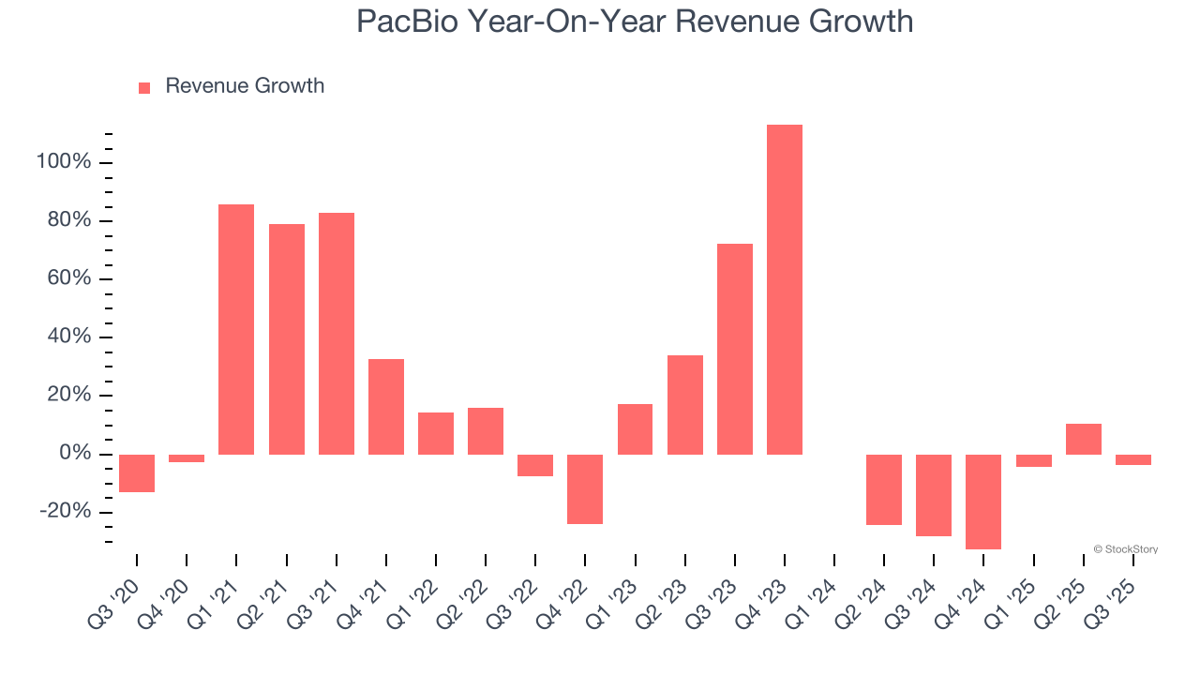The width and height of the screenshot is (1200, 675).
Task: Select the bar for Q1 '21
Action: pyautogui.click(x=236, y=329)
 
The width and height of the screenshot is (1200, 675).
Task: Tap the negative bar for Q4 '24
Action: pyautogui.click(x=983, y=502)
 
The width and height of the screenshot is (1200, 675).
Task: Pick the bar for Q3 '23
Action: pyautogui.click(x=735, y=349)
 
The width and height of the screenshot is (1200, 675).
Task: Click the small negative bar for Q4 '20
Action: pyautogui.click(x=187, y=458)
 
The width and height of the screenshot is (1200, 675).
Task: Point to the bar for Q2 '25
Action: pyautogui.click(x=1083, y=439)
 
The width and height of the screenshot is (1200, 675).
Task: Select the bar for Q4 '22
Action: pyautogui.click(x=585, y=488)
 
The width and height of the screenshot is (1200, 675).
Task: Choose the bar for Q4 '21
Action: pyautogui.click(x=386, y=407)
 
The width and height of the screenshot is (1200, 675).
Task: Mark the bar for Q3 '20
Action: pyautogui.click(x=137, y=473)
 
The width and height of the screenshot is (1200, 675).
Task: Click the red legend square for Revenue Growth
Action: pyautogui.click(x=144, y=88)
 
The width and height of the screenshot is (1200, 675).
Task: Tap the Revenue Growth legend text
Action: pyautogui.click(x=245, y=86)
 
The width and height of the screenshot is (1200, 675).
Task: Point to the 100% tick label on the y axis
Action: pyautogui.click(x=64, y=162)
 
